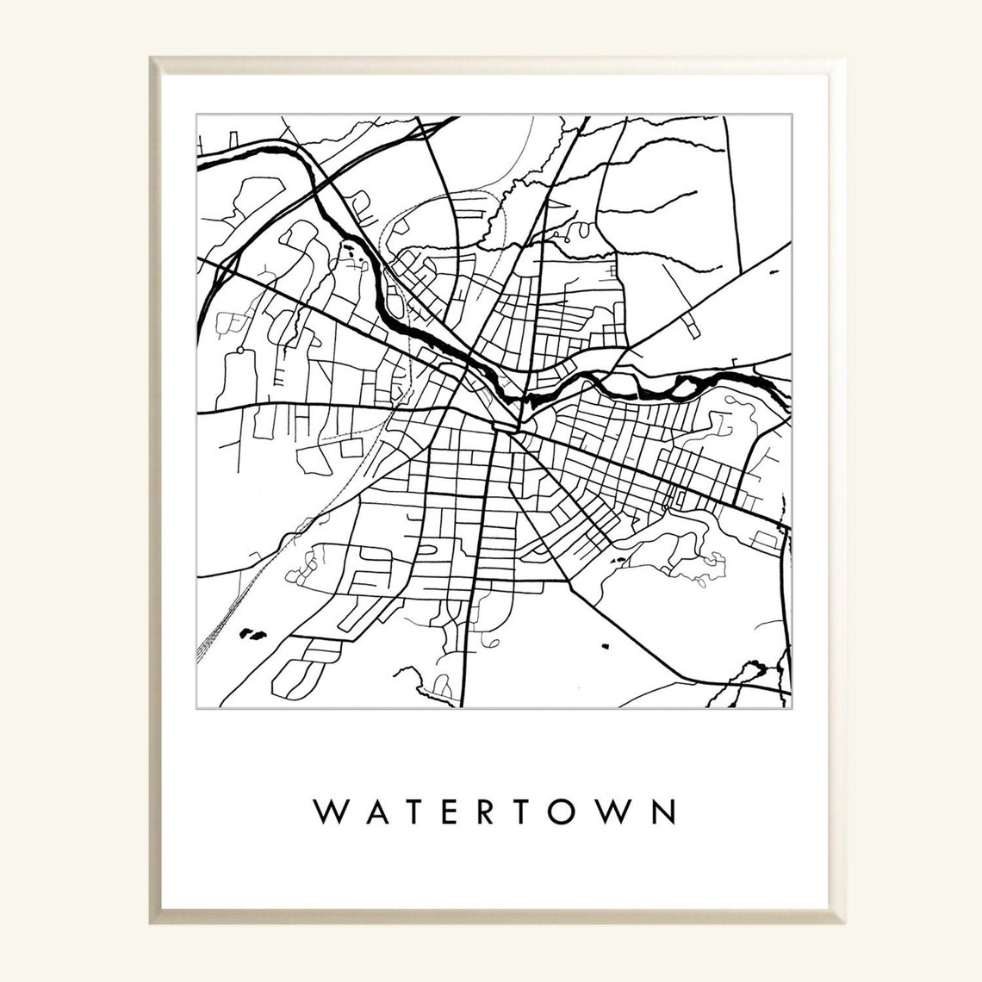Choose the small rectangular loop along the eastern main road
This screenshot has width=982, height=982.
(x=672, y=497)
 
